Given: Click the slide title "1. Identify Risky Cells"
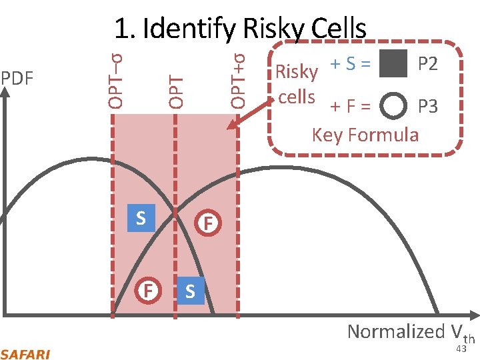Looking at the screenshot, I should [240, 28].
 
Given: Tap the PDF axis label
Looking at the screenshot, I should [17, 78].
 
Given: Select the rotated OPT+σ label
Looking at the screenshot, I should [238, 75].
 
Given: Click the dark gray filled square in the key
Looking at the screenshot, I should [392, 64].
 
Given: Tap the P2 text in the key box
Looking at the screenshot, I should [427, 64].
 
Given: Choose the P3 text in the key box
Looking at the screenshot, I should [427, 106].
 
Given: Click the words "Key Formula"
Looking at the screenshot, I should [365, 135].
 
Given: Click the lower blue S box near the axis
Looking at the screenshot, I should [190, 291].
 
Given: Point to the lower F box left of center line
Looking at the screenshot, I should [150, 291].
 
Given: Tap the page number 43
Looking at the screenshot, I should [461, 349].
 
